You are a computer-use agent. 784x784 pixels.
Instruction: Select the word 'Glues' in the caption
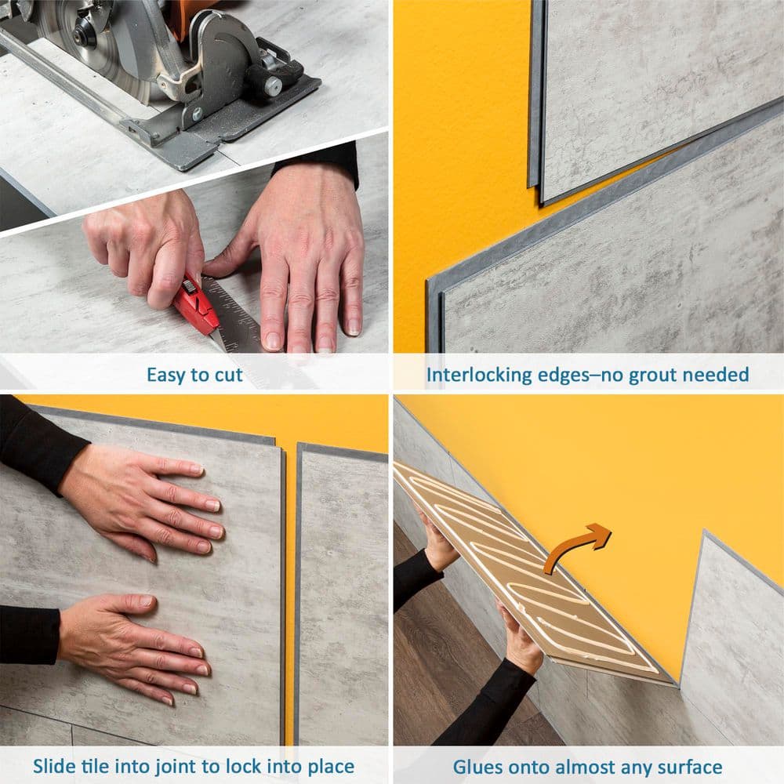[x=479, y=766]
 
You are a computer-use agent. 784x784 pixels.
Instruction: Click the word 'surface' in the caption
[x=687, y=766]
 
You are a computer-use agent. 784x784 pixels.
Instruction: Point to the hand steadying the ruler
[x=306, y=251]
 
